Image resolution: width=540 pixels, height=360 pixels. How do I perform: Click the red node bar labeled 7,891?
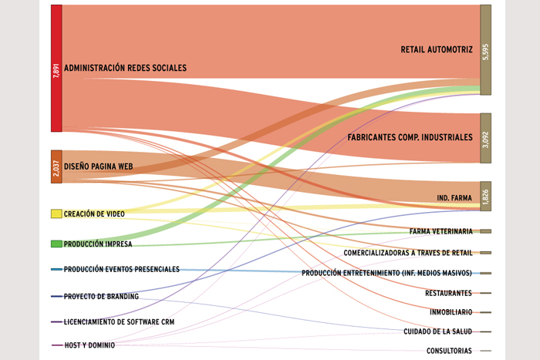pyautogui.click(x=56, y=68)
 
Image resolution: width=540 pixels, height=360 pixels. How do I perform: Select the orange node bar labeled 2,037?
pyautogui.click(x=56, y=167)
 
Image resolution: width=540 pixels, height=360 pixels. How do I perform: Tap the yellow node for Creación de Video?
pyautogui.click(x=56, y=214)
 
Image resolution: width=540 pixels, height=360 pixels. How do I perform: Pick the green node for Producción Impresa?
pyautogui.click(x=56, y=244)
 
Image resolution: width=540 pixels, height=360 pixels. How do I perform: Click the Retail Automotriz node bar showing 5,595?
pyautogui.click(x=485, y=50)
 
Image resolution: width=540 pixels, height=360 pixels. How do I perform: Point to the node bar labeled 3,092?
pyautogui.click(x=485, y=138)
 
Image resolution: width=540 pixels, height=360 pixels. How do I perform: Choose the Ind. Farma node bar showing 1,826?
pyautogui.click(x=485, y=196)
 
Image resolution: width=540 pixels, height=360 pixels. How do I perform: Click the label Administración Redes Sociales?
pyautogui.click(x=125, y=68)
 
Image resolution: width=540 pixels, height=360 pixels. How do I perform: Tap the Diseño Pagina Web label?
pyautogui.click(x=99, y=167)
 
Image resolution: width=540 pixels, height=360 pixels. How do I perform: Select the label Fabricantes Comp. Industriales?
pyautogui.click(x=410, y=137)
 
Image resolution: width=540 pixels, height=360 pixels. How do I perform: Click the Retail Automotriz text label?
pyautogui.click(x=437, y=49)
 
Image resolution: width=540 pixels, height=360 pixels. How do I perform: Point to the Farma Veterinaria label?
pyautogui.click(x=440, y=231)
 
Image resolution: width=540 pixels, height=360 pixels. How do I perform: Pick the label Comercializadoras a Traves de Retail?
pyautogui.click(x=408, y=253)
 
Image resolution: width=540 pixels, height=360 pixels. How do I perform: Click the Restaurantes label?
pyautogui.click(x=448, y=293)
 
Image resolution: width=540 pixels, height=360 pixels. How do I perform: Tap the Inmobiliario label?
pyautogui.click(x=451, y=312)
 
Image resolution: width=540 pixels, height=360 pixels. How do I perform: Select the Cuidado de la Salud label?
pyautogui.click(x=437, y=331)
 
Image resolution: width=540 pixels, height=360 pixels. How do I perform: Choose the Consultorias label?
pyautogui.click(x=449, y=351)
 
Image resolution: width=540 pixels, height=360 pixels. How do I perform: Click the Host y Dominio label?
pyautogui.click(x=89, y=345)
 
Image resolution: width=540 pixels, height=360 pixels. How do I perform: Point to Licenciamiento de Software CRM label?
pyautogui.click(x=119, y=321)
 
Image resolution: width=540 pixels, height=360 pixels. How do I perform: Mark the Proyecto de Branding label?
pyautogui.click(x=101, y=296)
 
